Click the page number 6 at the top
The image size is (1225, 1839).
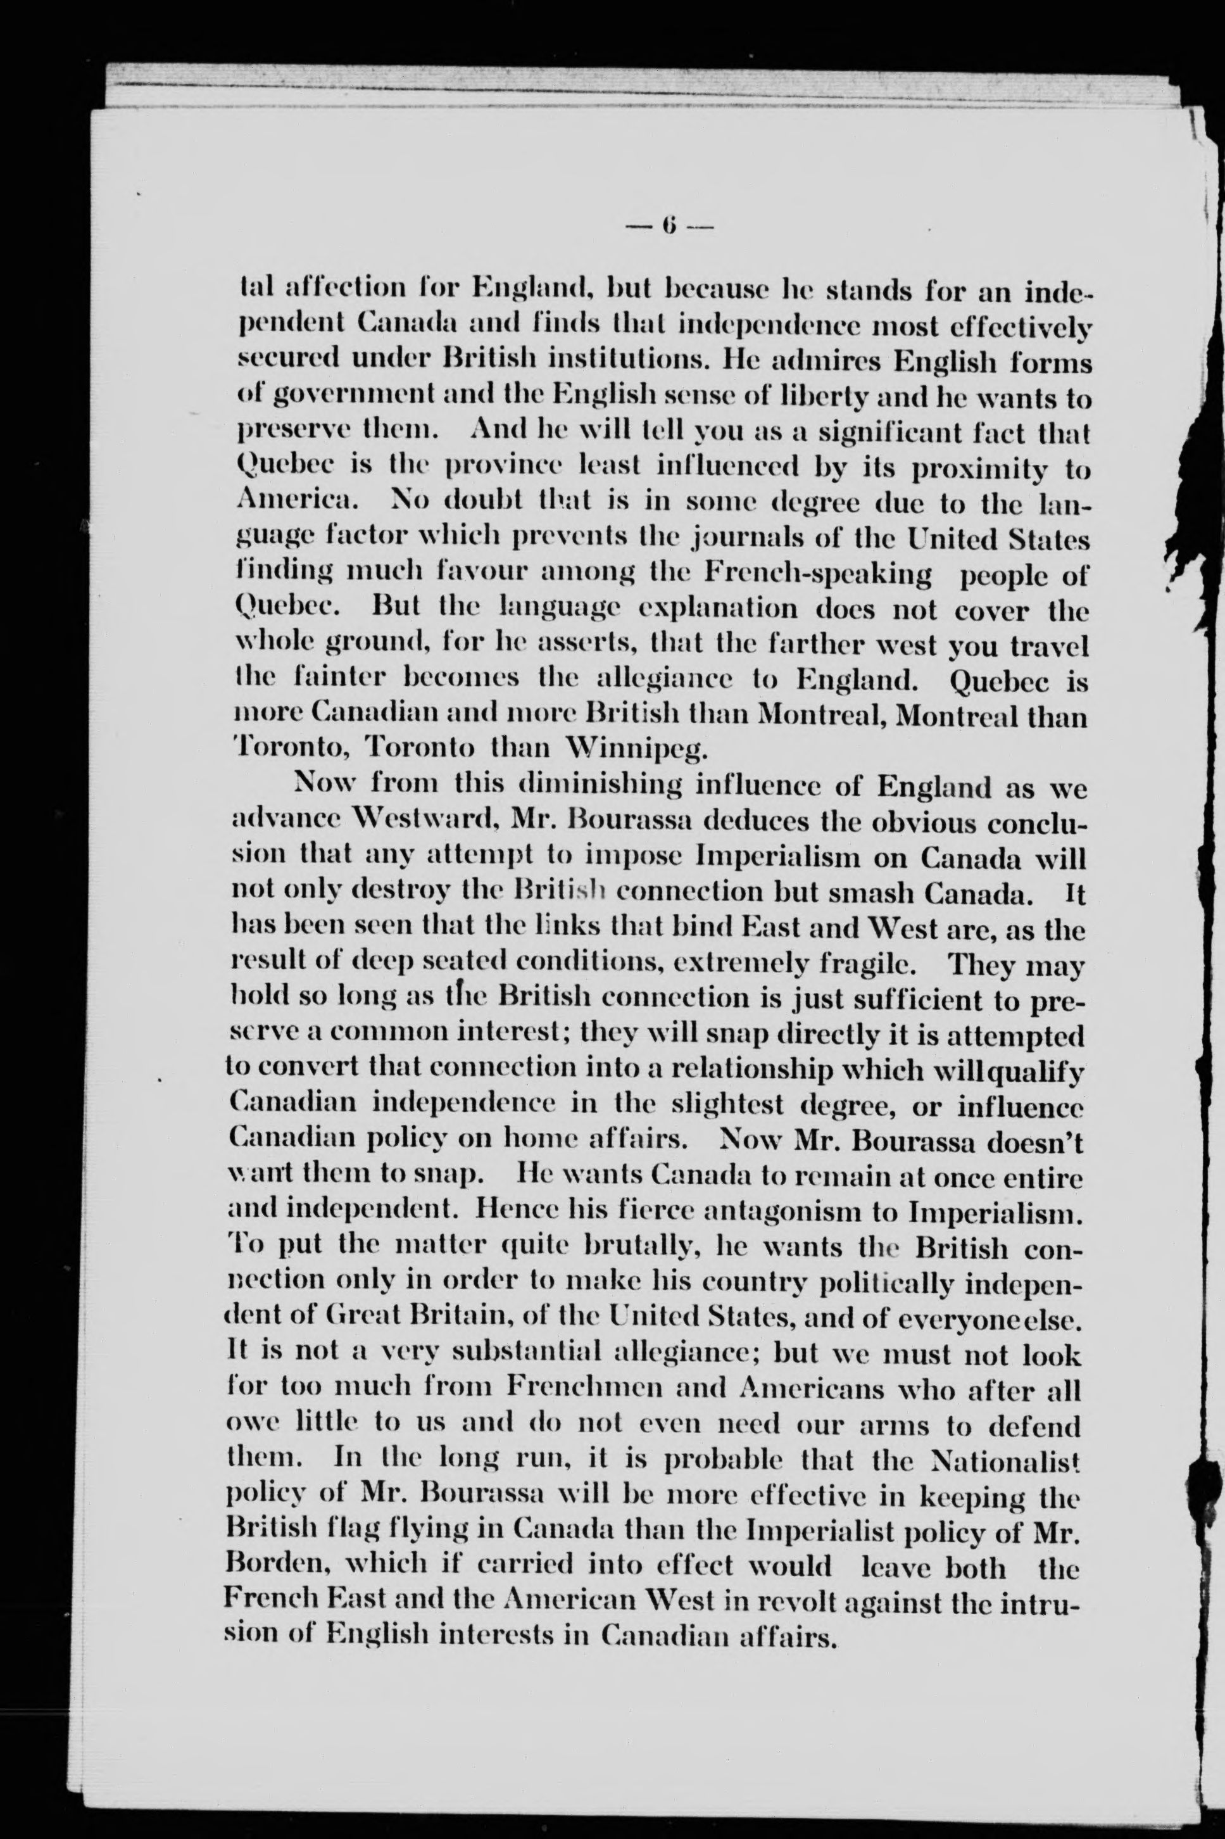670,227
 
